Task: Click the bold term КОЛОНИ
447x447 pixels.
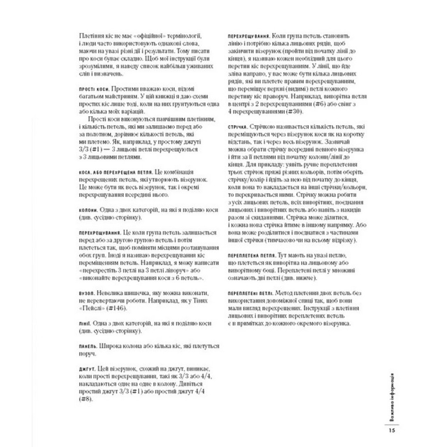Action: coord(86,210)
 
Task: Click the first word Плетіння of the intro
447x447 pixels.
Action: coord(91,35)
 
